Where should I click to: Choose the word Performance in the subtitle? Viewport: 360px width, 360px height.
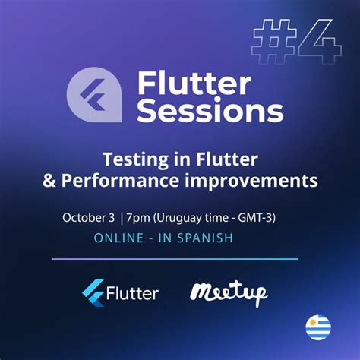tap(131, 181)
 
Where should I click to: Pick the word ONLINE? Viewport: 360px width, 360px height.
tap(118, 238)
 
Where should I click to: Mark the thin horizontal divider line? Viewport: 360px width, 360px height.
tap(175, 258)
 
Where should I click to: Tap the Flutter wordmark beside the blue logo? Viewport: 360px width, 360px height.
tap(133, 293)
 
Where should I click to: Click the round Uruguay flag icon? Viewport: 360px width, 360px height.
tap(318, 327)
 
